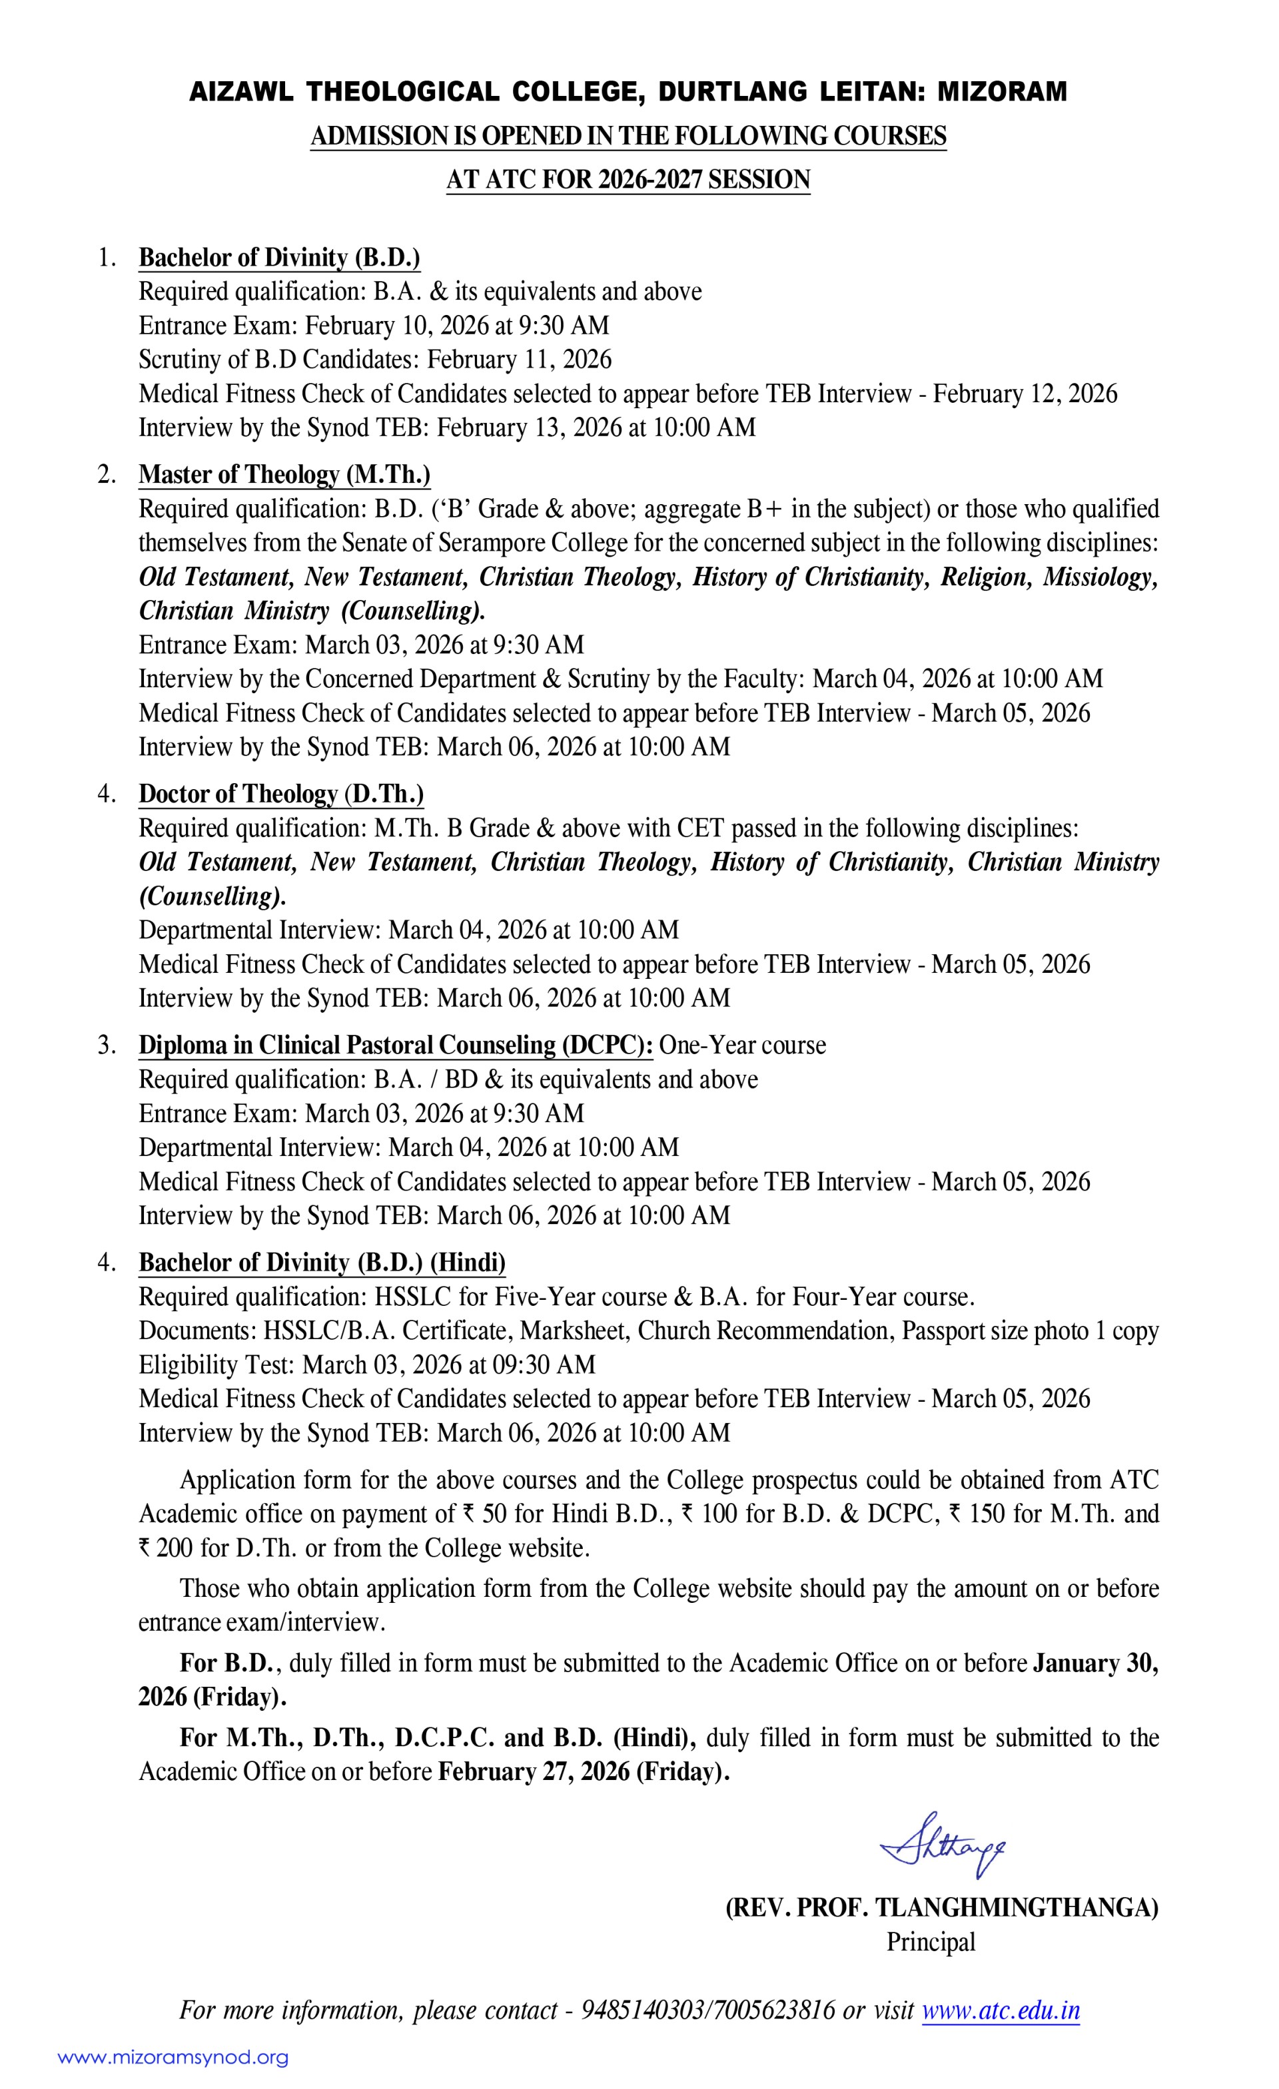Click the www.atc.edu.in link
[x=1000, y=2010]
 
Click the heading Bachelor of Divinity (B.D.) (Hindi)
[x=322, y=1263]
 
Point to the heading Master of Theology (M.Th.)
[x=284, y=475]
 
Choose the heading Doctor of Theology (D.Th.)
[x=280, y=794]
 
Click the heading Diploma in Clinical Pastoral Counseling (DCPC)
[x=395, y=1045]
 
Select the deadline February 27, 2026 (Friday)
[x=583, y=1772]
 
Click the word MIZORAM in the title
[x=1002, y=91]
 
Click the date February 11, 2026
[x=519, y=360]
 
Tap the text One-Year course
[x=742, y=1045]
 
